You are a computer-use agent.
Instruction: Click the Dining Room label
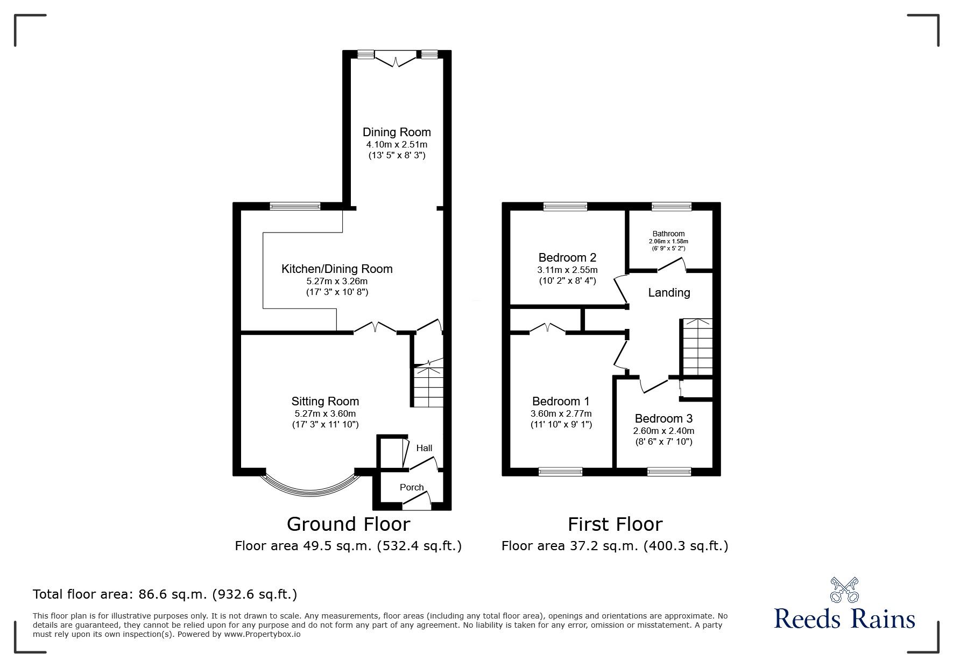coord(397,132)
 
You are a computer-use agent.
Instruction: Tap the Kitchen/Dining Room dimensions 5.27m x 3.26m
coord(337,281)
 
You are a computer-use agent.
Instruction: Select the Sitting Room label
coord(325,401)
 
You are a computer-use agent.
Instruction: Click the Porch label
coord(412,487)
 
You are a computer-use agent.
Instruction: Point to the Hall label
coord(424,448)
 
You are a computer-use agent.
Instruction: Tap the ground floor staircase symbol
coord(428,387)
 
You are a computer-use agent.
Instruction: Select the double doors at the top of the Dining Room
coord(396,59)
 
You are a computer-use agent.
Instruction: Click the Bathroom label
coord(668,234)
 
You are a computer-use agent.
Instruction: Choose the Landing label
coord(669,293)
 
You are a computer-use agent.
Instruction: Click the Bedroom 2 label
coord(567,257)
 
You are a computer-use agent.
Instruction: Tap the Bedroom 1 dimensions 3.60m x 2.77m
coord(561,413)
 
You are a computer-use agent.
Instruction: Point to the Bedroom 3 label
coord(663,418)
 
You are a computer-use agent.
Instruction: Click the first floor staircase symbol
coord(697,347)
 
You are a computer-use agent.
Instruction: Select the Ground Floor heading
coord(348,524)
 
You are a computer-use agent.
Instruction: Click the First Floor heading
coord(615,524)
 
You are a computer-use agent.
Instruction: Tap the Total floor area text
coord(165,594)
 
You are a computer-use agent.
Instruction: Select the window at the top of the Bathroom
coord(672,206)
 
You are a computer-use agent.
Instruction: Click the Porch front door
coord(418,503)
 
